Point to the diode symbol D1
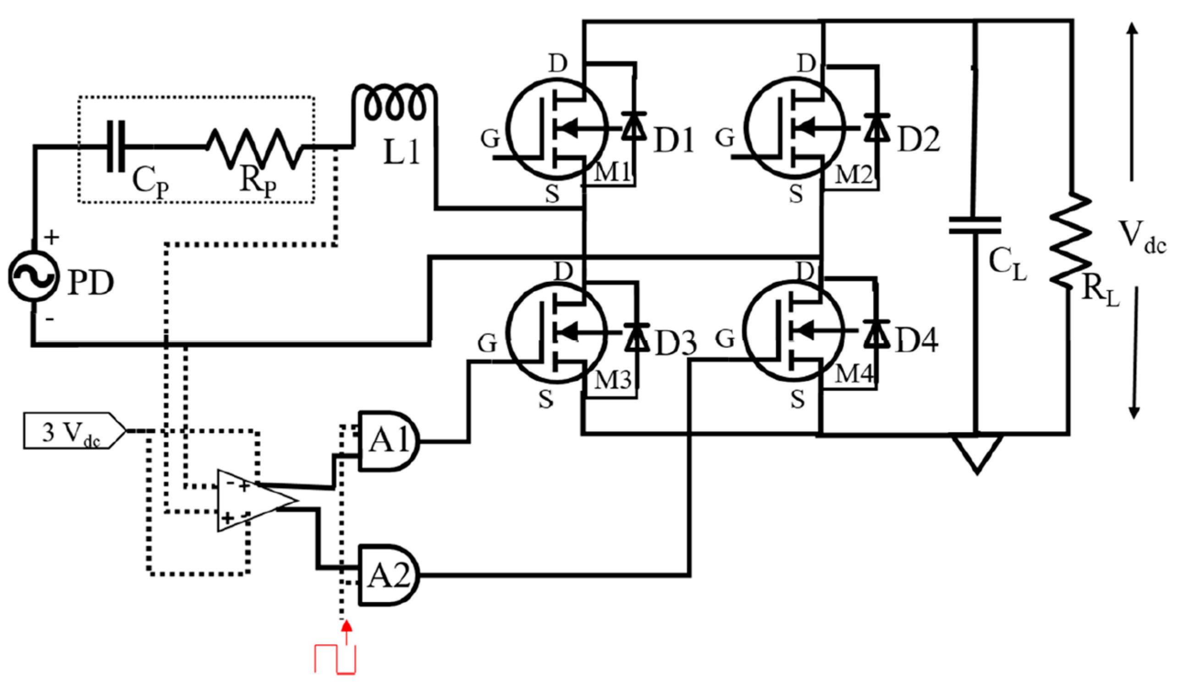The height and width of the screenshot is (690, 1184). pos(634,127)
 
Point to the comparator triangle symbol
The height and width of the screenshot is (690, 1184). pos(254,500)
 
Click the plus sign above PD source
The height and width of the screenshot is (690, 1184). pos(52,238)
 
